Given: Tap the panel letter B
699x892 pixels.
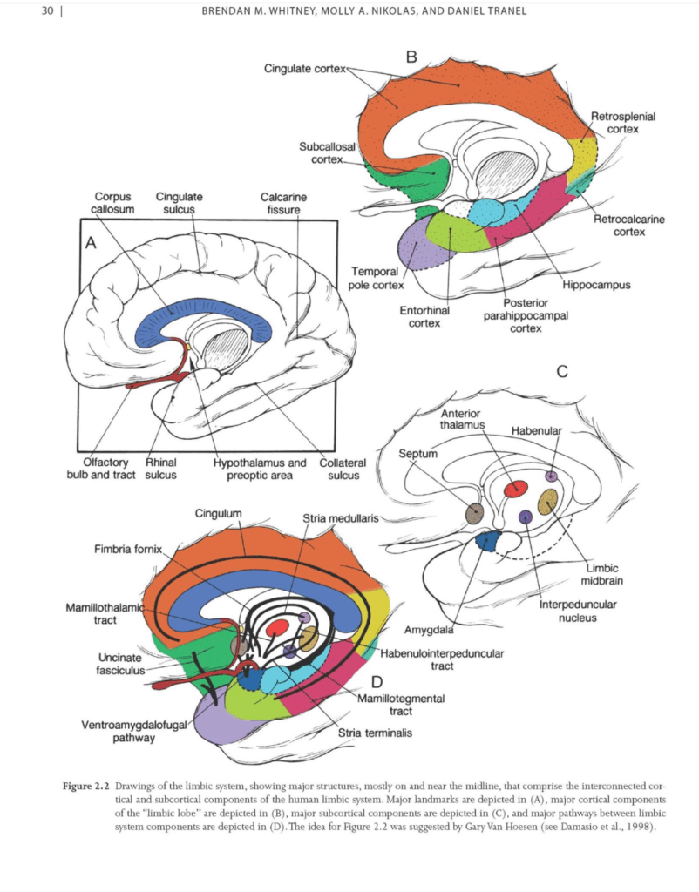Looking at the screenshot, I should click(x=412, y=57).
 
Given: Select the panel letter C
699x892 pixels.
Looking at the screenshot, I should click(x=562, y=372).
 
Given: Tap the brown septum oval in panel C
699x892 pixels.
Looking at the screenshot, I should click(x=475, y=513).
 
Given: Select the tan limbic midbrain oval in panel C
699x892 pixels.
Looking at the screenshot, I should click(x=548, y=502).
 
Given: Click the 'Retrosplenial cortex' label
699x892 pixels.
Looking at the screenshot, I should click(x=623, y=123).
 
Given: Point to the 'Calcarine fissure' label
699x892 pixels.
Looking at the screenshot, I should click(x=283, y=204).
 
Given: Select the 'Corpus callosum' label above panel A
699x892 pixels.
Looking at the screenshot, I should click(x=112, y=204).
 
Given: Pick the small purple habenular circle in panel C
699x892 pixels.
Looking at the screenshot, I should click(x=551, y=476).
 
